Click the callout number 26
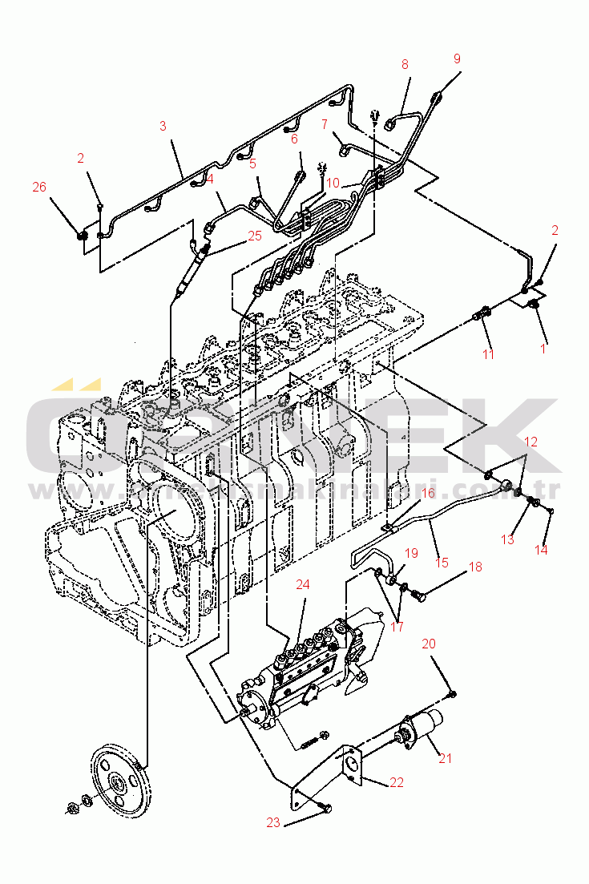point(39,187)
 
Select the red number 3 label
point(163,126)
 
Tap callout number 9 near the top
point(457,59)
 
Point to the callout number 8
point(405,64)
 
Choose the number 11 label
point(487,353)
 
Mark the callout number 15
point(442,563)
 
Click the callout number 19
point(411,553)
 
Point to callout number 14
point(543,551)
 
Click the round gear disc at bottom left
point(118,777)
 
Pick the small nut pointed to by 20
point(453,693)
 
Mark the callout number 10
point(333,183)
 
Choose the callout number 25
point(255,236)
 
